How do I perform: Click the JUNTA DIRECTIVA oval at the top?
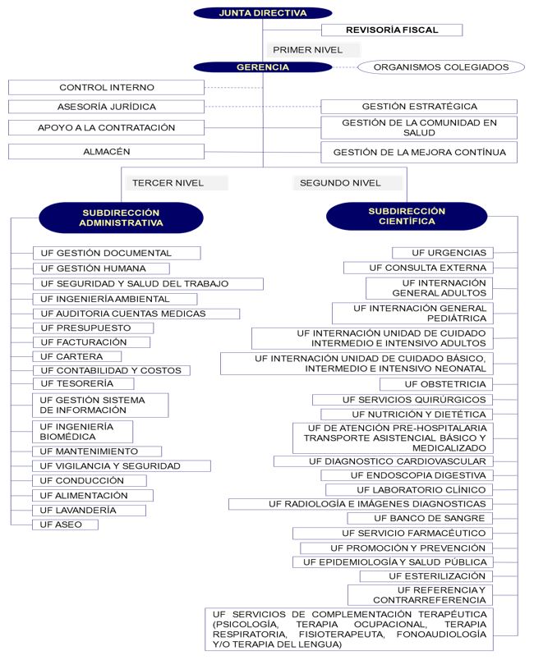[x=263, y=13]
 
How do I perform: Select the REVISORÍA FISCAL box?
[x=391, y=30]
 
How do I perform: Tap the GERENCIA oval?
[x=263, y=67]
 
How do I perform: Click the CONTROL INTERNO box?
[x=106, y=87]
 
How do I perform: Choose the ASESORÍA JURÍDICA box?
[x=106, y=107]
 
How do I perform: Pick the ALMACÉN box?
[x=106, y=152]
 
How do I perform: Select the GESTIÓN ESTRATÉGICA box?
[x=419, y=107]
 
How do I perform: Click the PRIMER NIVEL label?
[x=308, y=49]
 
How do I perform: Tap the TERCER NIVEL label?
[x=168, y=183]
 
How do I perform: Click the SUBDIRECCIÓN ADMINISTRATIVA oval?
[x=122, y=217]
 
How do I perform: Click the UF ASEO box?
[x=64, y=525]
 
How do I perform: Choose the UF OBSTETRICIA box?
[x=447, y=384]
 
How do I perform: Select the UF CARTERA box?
[x=76, y=356]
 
